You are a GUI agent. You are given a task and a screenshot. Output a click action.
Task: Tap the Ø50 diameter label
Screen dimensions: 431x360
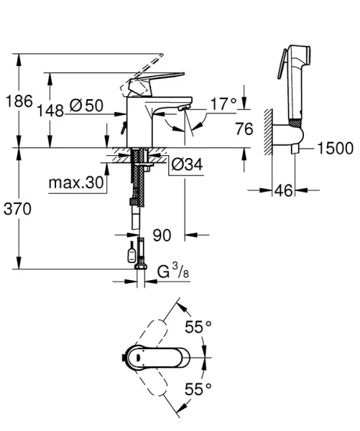88,106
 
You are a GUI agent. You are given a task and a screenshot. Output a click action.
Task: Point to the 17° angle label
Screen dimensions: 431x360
223,105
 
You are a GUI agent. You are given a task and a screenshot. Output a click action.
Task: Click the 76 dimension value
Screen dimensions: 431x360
245,129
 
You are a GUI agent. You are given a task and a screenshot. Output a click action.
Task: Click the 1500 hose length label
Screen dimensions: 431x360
335,148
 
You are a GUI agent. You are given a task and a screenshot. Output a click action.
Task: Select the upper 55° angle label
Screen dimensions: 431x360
198,327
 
